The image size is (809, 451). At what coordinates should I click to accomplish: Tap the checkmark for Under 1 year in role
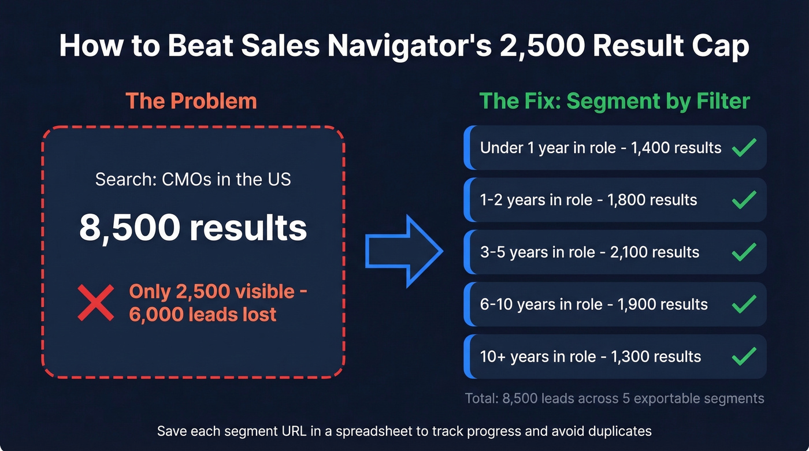coord(744,147)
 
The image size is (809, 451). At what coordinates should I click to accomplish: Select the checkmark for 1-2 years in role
coord(744,200)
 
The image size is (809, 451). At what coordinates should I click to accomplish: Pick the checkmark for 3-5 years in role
coord(744,252)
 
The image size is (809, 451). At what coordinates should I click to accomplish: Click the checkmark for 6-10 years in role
coord(744,304)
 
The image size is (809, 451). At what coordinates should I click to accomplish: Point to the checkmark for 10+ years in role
coord(744,356)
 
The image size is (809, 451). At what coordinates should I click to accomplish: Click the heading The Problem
coord(191,101)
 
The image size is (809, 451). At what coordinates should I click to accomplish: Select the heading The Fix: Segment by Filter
coord(615,101)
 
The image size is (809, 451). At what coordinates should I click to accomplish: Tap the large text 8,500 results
coord(193,228)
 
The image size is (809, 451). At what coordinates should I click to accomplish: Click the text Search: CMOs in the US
coord(193,179)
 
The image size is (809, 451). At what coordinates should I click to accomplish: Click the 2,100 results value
coord(655,252)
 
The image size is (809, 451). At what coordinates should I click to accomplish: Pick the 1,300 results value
coord(656,356)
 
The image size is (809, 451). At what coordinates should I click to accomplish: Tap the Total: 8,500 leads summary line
coord(614,398)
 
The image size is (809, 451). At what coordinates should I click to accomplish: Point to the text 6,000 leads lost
coord(203,314)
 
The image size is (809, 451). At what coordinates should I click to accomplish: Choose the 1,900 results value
coord(663,304)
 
